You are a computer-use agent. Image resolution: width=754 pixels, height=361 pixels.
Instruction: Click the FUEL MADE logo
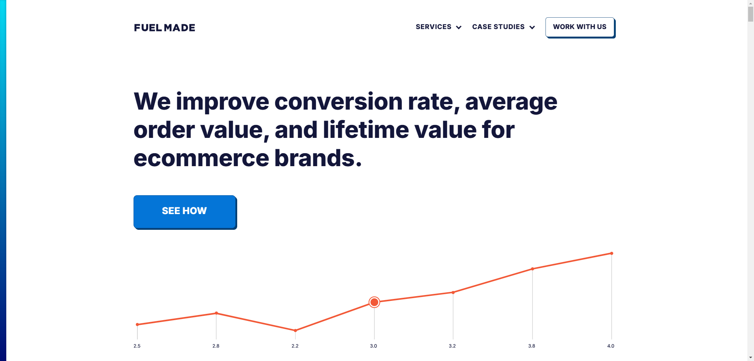click(165, 27)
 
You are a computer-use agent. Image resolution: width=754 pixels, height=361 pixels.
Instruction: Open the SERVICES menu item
click(434, 27)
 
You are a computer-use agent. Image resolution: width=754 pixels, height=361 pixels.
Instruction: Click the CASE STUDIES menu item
click(498, 27)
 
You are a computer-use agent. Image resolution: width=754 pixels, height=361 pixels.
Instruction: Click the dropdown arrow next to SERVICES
click(459, 27)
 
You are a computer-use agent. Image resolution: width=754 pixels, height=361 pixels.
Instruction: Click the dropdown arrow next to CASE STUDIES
click(532, 27)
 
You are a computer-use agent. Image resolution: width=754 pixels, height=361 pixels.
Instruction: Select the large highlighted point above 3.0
click(374, 302)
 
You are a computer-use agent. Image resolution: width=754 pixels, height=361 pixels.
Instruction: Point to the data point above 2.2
click(295, 330)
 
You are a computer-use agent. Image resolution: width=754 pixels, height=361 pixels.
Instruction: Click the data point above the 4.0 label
click(611, 253)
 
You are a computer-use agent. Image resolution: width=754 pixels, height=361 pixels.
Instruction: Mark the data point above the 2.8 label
click(216, 313)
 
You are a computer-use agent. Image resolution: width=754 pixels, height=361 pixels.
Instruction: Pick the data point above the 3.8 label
click(533, 269)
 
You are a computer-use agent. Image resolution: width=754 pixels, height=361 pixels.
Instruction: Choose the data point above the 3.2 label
click(453, 292)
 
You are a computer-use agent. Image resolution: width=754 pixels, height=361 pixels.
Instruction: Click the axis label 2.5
click(137, 346)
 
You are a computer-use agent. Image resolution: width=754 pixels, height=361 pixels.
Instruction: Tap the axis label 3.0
click(373, 346)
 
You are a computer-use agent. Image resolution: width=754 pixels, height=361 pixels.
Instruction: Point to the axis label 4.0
click(611, 346)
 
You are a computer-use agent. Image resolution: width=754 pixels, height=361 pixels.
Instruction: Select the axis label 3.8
click(532, 346)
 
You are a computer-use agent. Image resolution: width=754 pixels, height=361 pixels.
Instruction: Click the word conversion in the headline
click(339, 102)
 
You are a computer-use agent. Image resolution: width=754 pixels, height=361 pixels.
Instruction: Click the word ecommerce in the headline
click(201, 158)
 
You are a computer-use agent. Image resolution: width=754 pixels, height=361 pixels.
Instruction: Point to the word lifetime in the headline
click(366, 130)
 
